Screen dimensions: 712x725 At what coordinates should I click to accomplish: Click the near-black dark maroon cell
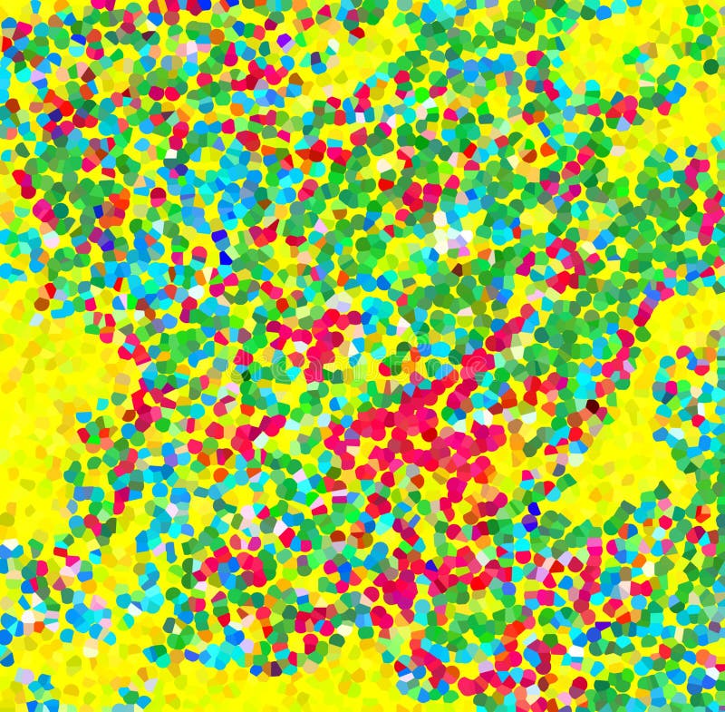pos(592,405)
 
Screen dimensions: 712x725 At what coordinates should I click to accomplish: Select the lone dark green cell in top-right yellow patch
pos(711,65)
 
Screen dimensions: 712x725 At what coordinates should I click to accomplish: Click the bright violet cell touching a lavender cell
pos(285,41)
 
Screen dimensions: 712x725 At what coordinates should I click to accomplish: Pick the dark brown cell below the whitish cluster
pos(458,269)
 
